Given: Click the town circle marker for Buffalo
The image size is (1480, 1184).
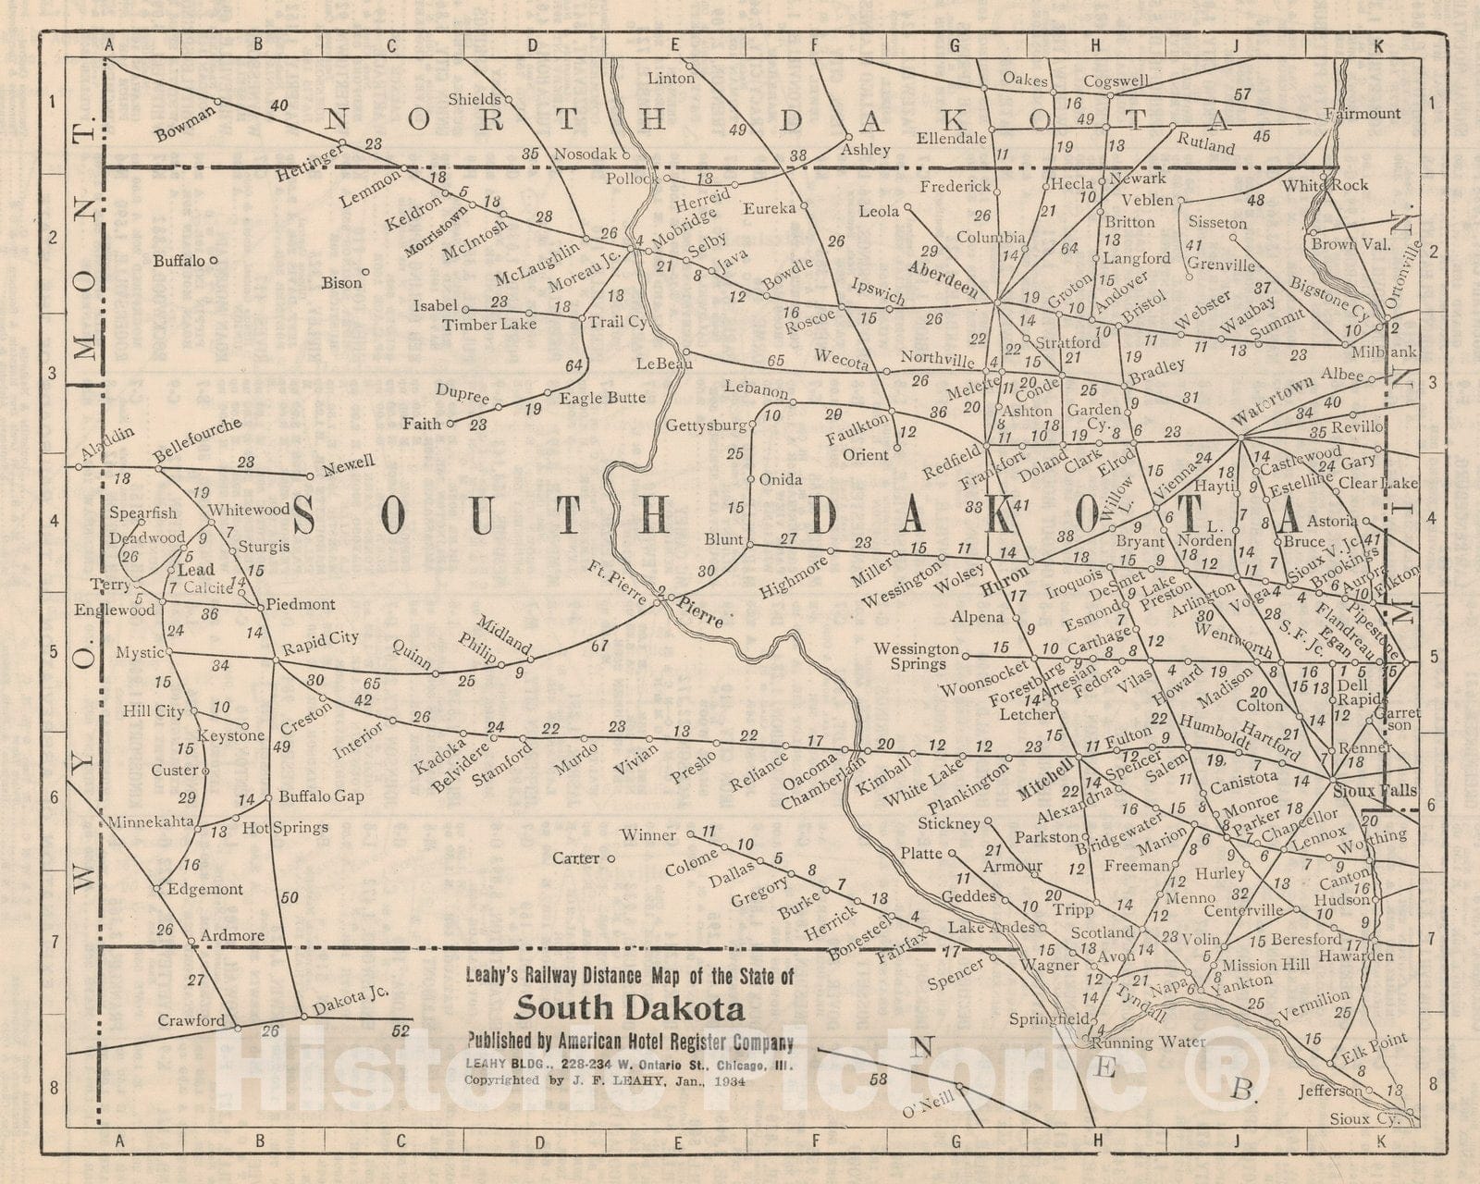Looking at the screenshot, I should [x=214, y=261].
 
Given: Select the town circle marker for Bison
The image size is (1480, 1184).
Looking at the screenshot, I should [x=366, y=272].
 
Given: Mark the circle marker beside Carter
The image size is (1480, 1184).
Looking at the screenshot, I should [x=611, y=858].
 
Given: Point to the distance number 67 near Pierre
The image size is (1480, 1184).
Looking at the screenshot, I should [x=599, y=646].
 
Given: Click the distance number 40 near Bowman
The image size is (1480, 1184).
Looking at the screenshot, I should [x=279, y=106].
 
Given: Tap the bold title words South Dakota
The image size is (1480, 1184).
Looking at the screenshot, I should [x=629, y=1007].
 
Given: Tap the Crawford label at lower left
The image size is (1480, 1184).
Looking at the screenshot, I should [x=191, y=1020].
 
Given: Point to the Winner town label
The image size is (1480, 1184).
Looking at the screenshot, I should [x=647, y=835].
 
